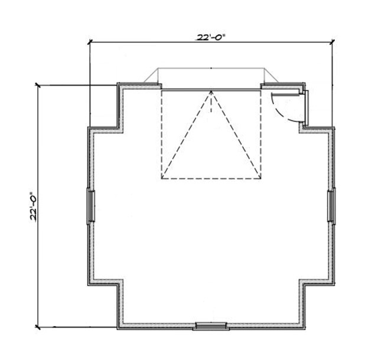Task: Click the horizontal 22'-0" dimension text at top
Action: [x=211, y=37]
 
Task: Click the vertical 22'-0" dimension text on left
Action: [x=34, y=207]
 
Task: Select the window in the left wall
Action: [x=91, y=206]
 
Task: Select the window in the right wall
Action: [x=331, y=206]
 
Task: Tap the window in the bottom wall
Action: [x=211, y=326]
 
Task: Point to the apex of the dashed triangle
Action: [x=211, y=91]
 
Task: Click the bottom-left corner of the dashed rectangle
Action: [x=161, y=179]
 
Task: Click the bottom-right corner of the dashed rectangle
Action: [x=260, y=179]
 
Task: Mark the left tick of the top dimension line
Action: [x=90, y=42]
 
